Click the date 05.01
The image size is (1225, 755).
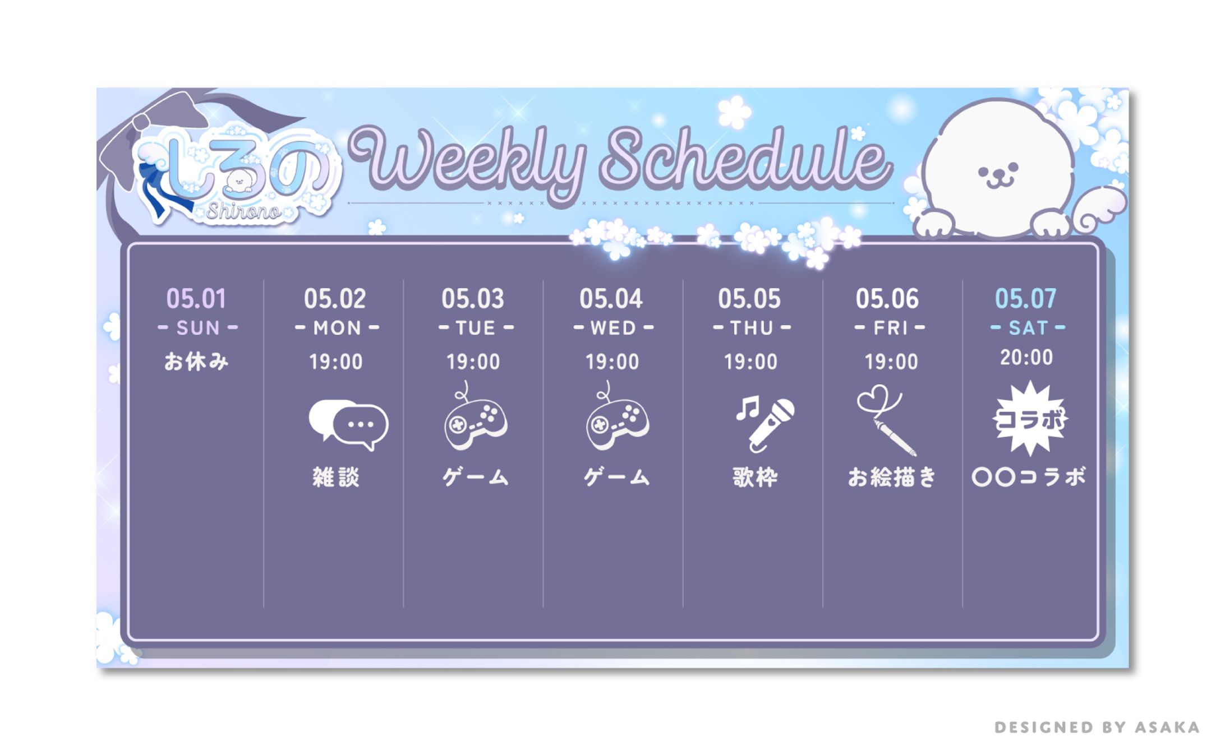[196, 299]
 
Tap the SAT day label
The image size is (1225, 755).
[1028, 328]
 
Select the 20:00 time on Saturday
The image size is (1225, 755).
[1026, 357]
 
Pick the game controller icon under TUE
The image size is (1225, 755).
[475, 418]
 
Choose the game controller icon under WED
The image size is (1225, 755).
[616, 418]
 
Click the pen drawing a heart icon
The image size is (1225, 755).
[886, 420]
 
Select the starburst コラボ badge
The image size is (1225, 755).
[1030, 418]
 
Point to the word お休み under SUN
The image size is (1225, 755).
[196, 362]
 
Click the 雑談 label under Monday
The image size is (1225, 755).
[336, 478]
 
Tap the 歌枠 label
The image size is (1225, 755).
[755, 478]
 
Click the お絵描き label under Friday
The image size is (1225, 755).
[892, 478]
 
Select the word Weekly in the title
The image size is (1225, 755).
[468, 160]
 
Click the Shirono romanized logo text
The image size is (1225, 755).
[244, 211]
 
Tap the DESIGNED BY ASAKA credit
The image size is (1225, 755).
[1097, 728]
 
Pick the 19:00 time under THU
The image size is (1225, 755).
[750, 362]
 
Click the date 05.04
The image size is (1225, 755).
[611, 299]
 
